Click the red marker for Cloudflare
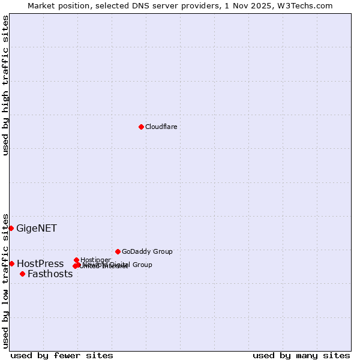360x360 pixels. tap(141, 127)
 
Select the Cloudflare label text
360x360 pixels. tap(161, 127)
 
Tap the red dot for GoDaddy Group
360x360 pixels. tap(118, 251)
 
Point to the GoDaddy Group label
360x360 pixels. tap(147, 251)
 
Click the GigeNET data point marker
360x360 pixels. tap(11, 228)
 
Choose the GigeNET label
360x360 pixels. tap(37, 228)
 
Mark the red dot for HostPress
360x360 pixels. tap(11, 263)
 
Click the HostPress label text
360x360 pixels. tap(40, 263)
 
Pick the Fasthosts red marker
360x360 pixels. tap(22, 274)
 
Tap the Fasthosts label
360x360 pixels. tap(50, 274)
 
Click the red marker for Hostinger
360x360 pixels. tap(76, 260)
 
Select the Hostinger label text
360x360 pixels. tap(95, 260)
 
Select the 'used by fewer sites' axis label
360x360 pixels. tap(62, 355)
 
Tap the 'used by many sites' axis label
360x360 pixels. tap(301, 355)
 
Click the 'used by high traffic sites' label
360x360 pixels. tap(5, 85)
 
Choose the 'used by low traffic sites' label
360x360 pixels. tap(5, 280)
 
